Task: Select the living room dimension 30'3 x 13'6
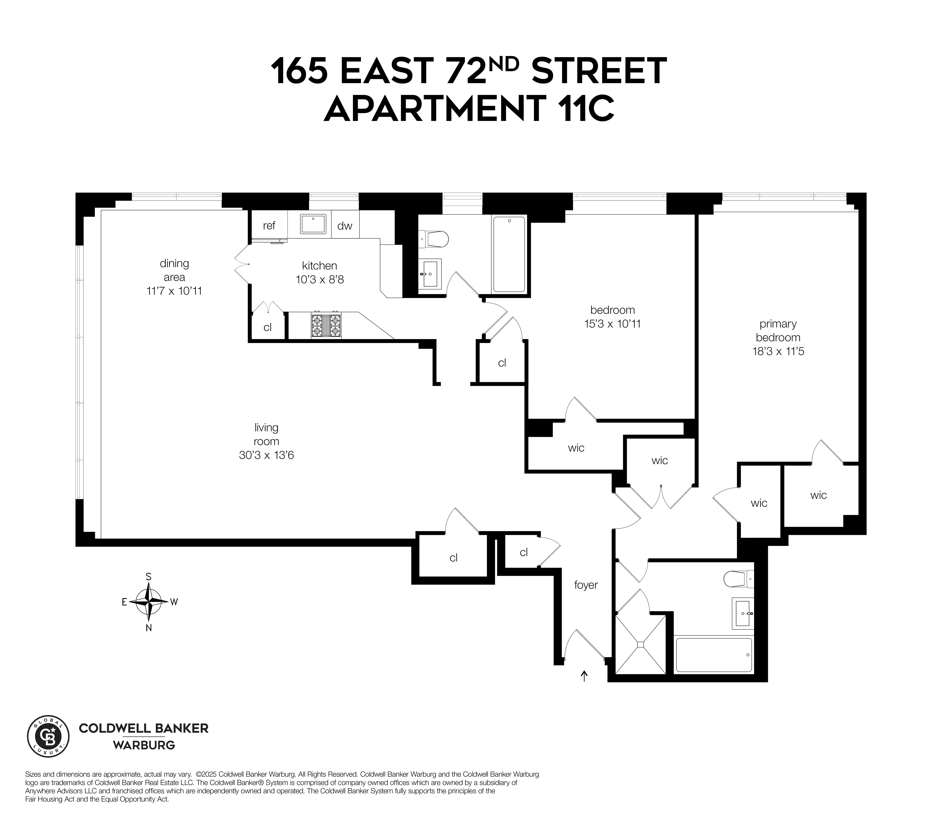pyautogui.click(x=266, y=455)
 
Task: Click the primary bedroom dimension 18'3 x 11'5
pyautogui.click(x=778, y=351)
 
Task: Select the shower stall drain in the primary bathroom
pyautogui.click(x=640, y=644)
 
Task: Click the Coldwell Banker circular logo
pyautogui.click(x=48, y=736)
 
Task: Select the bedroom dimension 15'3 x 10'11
pyautogui.click(x=612, y=324)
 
